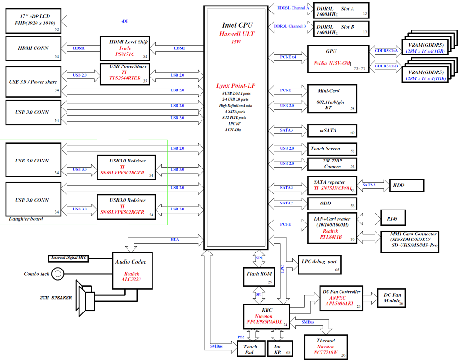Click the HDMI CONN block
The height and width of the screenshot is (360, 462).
[33, 48]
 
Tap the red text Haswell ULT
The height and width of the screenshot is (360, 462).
[237, 34]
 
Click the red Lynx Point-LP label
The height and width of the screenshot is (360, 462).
[236, 86]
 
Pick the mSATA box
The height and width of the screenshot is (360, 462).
[332, 131]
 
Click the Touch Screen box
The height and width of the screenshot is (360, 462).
[332, 149]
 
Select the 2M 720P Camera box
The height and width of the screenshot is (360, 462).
[332, 164]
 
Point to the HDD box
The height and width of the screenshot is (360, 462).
[407, 185]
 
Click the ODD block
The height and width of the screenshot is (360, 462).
[332, 204]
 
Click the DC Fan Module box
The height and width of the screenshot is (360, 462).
[392, 298]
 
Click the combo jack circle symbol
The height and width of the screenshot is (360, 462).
[57, 274]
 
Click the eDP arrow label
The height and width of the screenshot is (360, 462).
[125, 21]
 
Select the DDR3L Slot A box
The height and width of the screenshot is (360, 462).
[341, 12]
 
